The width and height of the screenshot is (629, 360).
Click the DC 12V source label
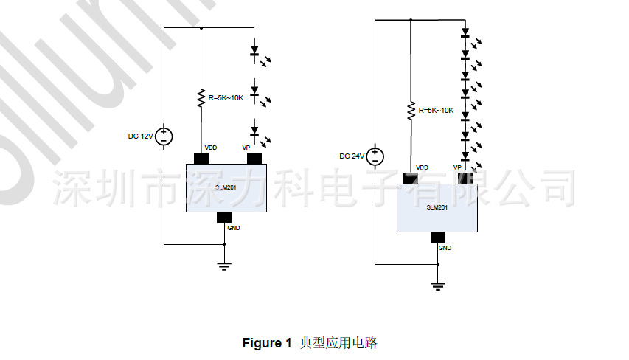pyautogui.click(x=140, y=136)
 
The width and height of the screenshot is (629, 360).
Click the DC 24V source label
pyautogui.click(x=351, y=156)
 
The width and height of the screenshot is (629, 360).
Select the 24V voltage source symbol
pyautogui.click(x=375, y=156)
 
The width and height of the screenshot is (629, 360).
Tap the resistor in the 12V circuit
pyautogui.click(x=201, y=98)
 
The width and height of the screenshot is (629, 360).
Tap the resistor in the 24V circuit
pyautogui.click(x=411, y=111)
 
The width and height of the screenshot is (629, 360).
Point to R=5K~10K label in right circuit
pyautogui.click(x=436, y=110)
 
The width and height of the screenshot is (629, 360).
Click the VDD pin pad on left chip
pyautogui.click(x=201, y=158)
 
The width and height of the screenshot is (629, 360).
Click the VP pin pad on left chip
pyautogui.click(x=254, y=158)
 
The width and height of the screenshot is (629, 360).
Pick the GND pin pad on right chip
pyautogui.click(x=438, y=237)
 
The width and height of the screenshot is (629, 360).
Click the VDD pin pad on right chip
pyautogui.click(x=411, y=178)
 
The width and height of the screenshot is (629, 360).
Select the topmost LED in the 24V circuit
pyautogui.click(x=465, y=34)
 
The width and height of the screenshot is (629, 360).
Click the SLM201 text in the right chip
pyautogui.click(x=437, y=207)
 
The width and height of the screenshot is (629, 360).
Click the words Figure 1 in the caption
pyautogui.click(x=263, y=343)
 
